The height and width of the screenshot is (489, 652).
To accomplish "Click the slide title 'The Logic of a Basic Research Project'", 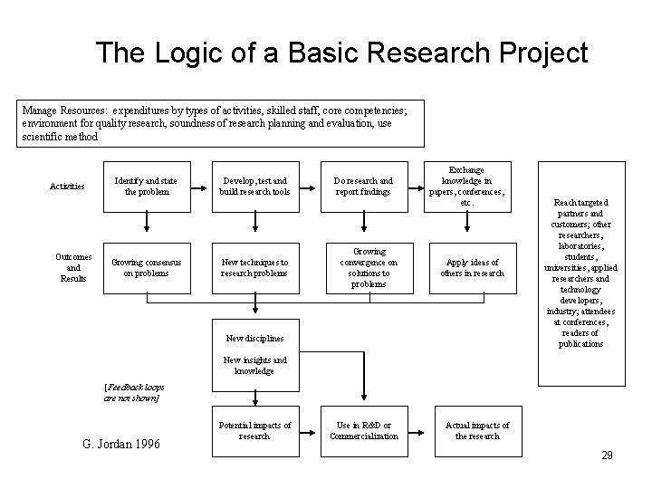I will [x=342, y=53].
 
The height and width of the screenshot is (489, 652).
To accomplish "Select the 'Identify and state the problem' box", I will [x=145, y=187].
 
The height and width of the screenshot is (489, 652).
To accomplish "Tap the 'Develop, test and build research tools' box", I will [x=254, y=187].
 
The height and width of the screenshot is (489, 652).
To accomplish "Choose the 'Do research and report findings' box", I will [x=362, y=187].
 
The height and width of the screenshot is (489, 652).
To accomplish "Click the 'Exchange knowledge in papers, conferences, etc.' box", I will [x=466, y=186].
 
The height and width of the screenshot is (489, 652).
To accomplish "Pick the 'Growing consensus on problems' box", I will [x=145, y=267].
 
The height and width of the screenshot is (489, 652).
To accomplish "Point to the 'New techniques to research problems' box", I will [x=254, y=267].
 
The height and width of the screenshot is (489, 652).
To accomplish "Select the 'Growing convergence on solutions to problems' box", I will [x=362, y=266].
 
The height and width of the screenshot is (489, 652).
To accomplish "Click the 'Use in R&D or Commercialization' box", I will [x=363, y=430].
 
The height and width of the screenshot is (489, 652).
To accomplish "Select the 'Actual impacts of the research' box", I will [x=477, y=430].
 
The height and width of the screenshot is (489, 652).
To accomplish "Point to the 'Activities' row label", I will [x=67, y=187].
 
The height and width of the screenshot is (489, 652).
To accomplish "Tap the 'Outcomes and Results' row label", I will [x=74, y=267].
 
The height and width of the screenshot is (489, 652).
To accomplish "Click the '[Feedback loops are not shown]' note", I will [x=133, y=391].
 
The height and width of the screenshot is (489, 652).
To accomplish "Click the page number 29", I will [x=607, y=455].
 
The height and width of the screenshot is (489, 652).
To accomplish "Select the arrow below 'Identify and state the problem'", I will [x=146, y=222].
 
